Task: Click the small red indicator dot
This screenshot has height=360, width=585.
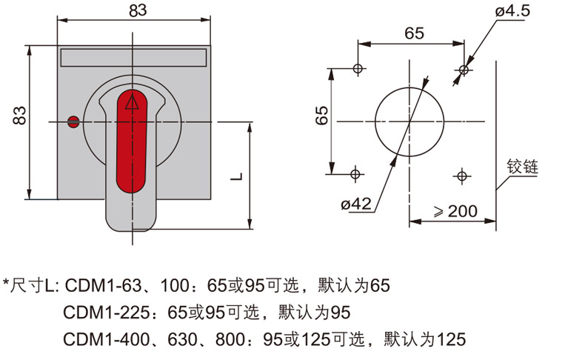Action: (x=73, y=122)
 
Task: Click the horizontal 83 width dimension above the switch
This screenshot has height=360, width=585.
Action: (x=133, y=10)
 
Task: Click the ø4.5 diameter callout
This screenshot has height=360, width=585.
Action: (x=511, y=11)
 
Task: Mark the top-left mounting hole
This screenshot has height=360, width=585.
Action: (x=358, y=69)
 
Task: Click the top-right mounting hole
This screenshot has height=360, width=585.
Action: (x=464, y=70)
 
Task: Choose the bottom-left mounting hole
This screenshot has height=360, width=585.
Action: (x=355, y=175)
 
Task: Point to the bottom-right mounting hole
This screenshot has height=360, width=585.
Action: (x=461, y=176)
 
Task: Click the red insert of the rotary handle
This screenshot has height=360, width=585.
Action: (x=133, y=141)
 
